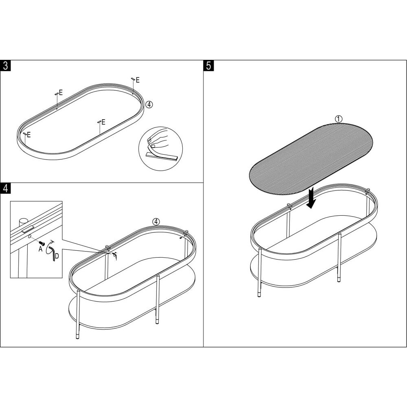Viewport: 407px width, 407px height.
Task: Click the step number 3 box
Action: [5, 66]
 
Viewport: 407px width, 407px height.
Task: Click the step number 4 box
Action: [5, 188]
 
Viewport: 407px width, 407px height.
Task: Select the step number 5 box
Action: [209, 66]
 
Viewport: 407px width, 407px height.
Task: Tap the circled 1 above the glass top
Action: [339, 119]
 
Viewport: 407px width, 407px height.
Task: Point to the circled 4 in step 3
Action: [149, 104]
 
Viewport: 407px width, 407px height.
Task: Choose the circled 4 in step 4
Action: [156, 222]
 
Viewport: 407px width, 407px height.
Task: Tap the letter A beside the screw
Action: [40, 249]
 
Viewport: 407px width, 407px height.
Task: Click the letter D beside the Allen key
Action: [57, 256]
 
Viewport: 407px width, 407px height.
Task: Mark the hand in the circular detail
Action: [157, 138]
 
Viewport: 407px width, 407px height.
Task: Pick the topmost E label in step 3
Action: [138, 80]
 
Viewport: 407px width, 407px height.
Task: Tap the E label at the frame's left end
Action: [28, 135]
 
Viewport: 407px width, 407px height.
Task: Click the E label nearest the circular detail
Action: [103, 122]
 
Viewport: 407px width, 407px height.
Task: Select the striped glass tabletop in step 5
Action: [311, 159]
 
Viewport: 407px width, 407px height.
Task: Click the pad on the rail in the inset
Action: [28, 230]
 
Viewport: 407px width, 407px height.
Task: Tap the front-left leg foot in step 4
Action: [78, 337]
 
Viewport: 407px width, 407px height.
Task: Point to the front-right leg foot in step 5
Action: [339, 280]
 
